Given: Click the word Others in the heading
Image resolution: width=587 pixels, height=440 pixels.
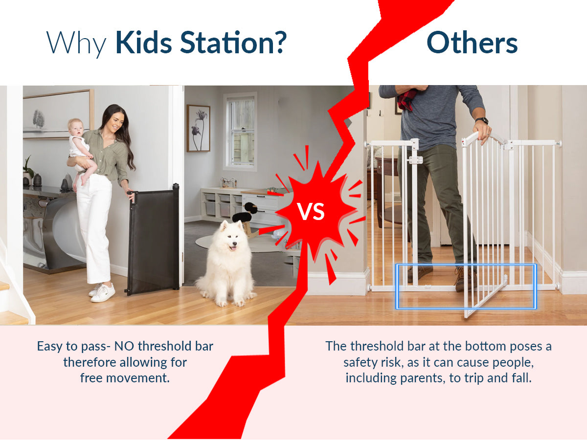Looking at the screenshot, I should (x=472, y=43).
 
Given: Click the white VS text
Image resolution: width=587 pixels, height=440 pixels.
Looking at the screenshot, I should (x=311, y=212).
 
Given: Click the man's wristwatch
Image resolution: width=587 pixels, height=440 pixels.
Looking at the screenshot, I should (x=481, y=121).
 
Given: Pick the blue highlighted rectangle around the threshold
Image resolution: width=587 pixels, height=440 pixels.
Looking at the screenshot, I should (x=466, y=286).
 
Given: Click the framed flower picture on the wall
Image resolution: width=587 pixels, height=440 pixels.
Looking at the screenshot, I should (x=198, y=128).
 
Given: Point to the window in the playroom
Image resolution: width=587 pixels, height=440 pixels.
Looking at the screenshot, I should (x=240, y=131).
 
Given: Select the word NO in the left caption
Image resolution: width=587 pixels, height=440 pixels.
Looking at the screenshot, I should (x=125, y=347).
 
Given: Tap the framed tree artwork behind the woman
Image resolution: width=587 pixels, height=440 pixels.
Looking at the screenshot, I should (x=57, y=114).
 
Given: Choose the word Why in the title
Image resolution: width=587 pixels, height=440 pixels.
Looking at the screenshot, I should (x=77, y=43).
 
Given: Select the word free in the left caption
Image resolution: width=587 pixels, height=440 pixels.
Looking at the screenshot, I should (x=91, y=378).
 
